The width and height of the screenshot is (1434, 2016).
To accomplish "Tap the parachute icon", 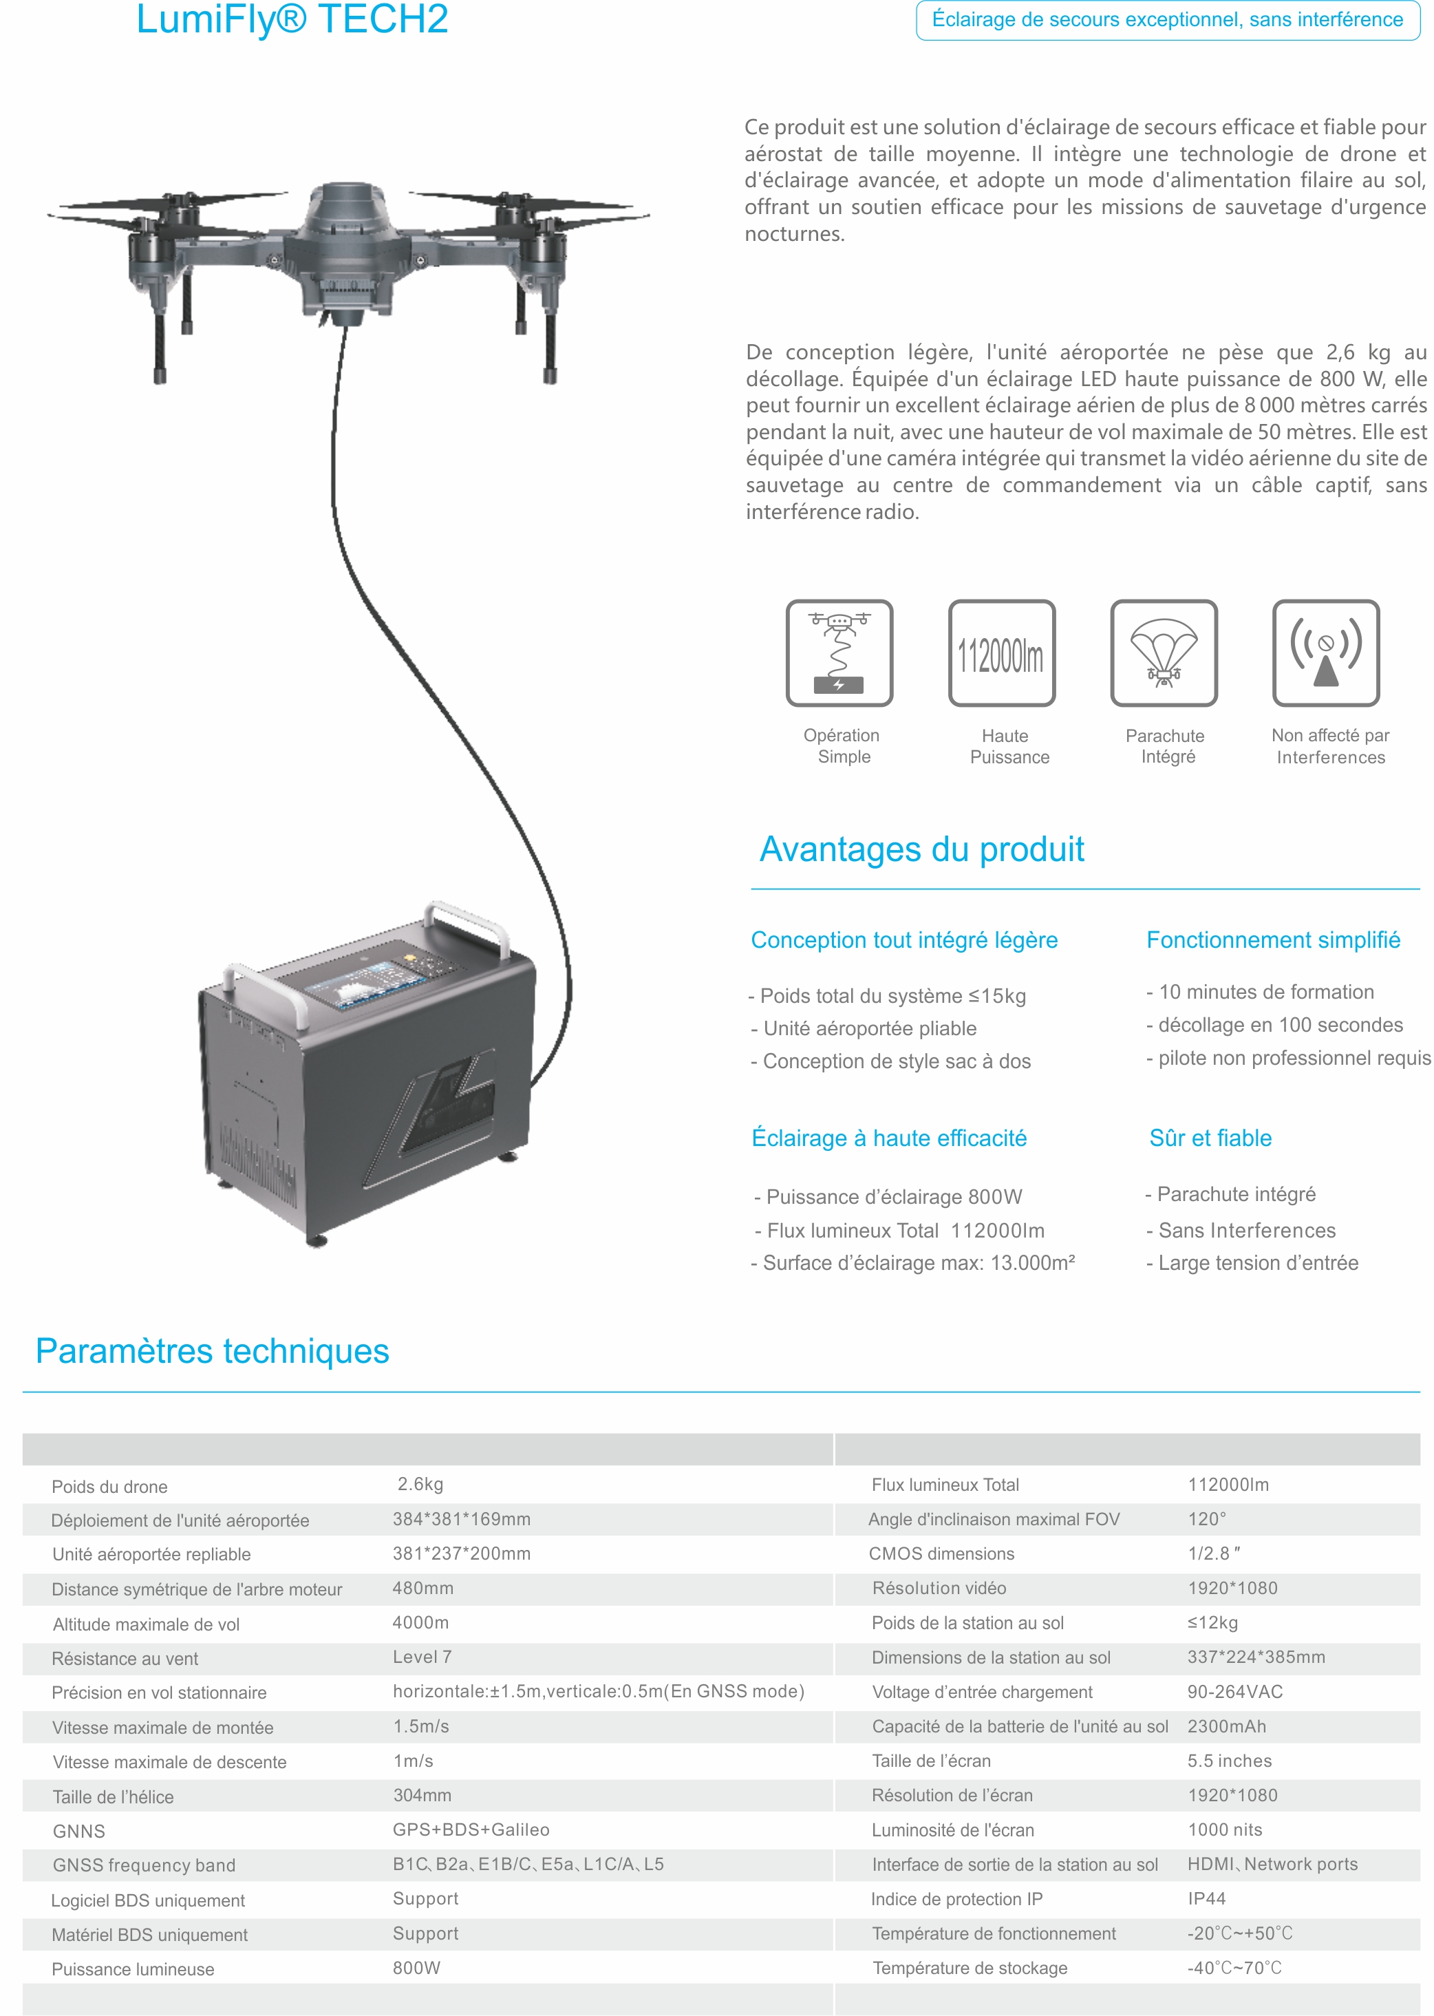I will click(x=1164, y=652).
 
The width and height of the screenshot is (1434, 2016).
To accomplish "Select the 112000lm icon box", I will click(x=1001, y=653).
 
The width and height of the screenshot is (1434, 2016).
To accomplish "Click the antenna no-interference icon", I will click(x=1325, y=652).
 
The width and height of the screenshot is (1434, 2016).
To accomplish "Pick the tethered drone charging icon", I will click(x=839, y=652).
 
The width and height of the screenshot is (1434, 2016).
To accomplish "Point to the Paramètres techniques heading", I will click(x=212, y=1351).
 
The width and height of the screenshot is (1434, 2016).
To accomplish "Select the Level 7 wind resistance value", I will click(x=422, y=1657).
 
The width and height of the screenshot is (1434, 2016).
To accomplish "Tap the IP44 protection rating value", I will click(x=1206, y=1898).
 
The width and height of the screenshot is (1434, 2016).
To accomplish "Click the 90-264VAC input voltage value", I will click(x=1234, y=1691).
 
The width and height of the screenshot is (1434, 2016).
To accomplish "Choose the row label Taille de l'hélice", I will click(x=113, y=1796).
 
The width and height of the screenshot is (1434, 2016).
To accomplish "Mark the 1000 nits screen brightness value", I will click(x=1225, y=1829).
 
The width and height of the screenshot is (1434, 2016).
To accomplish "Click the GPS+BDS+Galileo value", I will click(x=471, y=1829).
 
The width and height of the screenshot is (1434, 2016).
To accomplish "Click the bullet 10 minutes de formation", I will click(x=1265, y=992).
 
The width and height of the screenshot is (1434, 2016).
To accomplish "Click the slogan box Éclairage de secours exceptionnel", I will click(x=1167, y=19).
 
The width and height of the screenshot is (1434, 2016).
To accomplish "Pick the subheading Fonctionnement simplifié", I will click(x=1272, y=940).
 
